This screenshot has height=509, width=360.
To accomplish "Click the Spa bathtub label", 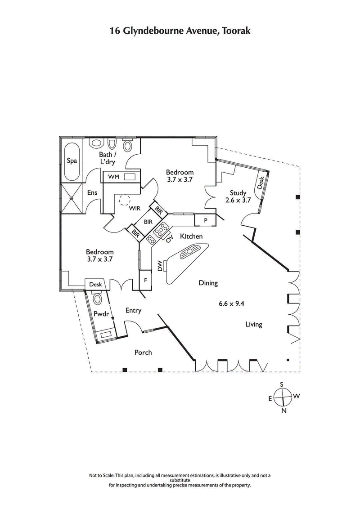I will coord(71,161).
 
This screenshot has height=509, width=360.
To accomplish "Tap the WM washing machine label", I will coord(113,177).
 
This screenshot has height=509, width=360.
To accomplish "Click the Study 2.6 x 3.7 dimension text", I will coord(238,201).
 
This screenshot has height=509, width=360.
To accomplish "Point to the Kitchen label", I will coord(191,236).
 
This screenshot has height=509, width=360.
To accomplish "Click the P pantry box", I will coord(205,220).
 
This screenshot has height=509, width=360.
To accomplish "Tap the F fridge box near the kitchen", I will coord(146,279).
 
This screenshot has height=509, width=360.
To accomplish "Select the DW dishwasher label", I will coord(160,266).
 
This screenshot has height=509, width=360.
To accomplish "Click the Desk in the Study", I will coord(261,182).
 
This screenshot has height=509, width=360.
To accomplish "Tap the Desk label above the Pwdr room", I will coord(95,285).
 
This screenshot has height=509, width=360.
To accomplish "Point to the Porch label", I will coord(143,353).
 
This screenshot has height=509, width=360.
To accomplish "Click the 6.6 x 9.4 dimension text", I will coord(231,304).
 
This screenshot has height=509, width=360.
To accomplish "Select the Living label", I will coord(254,324).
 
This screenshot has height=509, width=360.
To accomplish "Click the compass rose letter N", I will coord(283,411).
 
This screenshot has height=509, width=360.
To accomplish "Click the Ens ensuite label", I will coord(92,192).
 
